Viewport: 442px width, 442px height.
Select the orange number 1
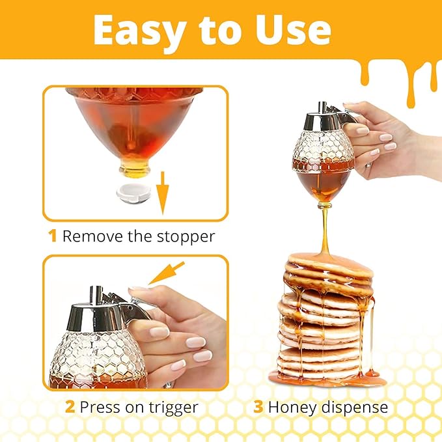coord(53,236)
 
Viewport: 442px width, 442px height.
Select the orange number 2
coord(70,408)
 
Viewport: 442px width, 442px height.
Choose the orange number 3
coord(258,408)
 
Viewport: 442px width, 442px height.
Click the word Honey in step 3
coord(292,408)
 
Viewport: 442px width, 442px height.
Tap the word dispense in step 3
coord(354,408)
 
